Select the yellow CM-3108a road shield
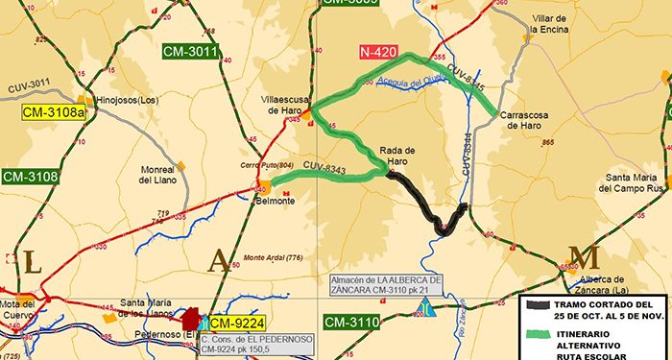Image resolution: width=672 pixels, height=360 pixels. point(55,112)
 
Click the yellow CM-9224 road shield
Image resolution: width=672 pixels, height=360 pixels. point(237,323)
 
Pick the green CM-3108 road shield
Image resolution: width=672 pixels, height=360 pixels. point(32,177)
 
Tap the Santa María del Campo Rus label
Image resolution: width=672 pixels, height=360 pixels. point(631,183)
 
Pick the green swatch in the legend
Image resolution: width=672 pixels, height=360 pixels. point(540,334)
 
